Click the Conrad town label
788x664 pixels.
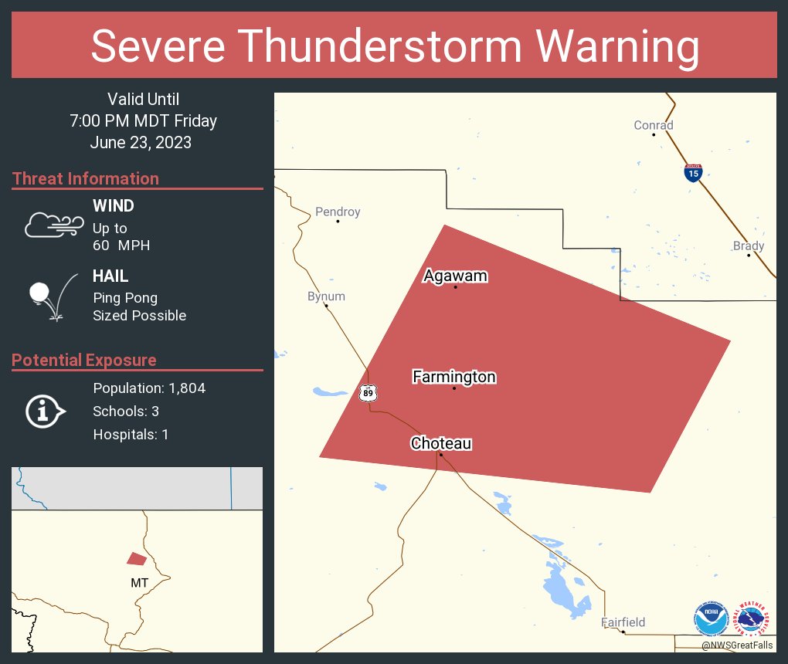[x=654, y=125]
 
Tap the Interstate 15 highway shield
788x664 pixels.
[x=693, y=172]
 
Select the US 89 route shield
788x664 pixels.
[x=367, y=393]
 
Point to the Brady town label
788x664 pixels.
[x=749, y=246]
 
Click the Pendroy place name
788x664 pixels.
[x=338, y=212]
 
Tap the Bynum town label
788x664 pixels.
[x=326, y=296]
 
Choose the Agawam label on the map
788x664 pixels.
[x=456, y=276]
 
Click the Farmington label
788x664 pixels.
[x=454, y=377]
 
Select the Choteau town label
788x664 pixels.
[x=441, y=443]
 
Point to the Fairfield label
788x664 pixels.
[x=623, y=622]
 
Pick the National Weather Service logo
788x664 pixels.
[x=754, y=618]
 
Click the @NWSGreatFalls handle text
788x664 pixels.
[x=737, y=645]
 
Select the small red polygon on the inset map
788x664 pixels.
[x=137, y=558]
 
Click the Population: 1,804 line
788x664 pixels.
[x=149, y=388]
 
